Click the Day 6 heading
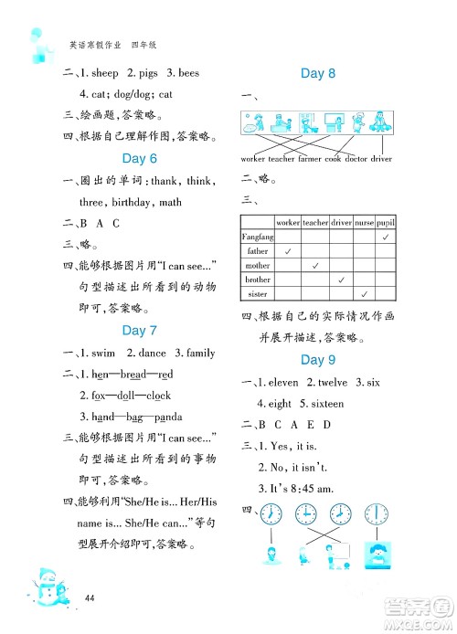[140, 158]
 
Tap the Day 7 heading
[140, 331]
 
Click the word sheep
[103, 74]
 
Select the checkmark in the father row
[289, 250]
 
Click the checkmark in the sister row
[364, 294]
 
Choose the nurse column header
[364, 222]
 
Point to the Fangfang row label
[258, 237]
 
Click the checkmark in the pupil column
[386, 237]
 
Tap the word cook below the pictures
[332, 158]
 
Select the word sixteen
[326, 403]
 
